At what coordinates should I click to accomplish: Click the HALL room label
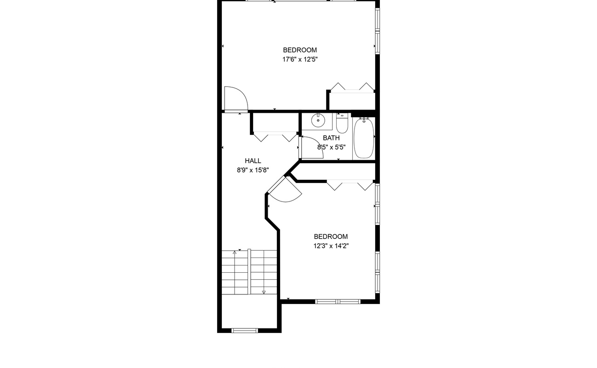pos(253,161)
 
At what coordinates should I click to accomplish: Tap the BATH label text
pos(331,138)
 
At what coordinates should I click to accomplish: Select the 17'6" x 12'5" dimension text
pos(300,59)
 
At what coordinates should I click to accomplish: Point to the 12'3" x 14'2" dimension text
pos(331,246)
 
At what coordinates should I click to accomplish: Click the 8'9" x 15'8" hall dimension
pos(253,170)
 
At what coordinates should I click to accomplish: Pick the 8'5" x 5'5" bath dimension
pos(331,147)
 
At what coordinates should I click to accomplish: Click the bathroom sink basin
pos(318,121)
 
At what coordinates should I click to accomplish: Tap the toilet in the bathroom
pos(342,123)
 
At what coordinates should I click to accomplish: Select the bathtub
pos(364,138)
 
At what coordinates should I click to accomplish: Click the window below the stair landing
pos(245,331)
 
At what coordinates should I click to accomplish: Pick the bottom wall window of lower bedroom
pos(338,302)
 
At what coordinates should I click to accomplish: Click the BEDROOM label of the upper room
pos(300,50)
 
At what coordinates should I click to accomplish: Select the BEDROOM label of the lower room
pos(331,236)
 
